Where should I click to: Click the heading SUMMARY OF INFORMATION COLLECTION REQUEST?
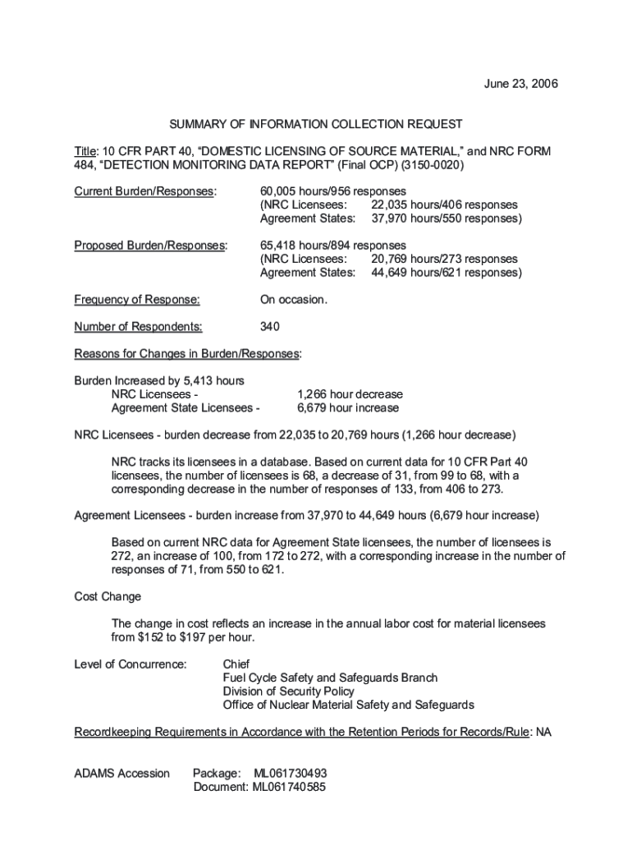point(316,124)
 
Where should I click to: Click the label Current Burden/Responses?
point(145,191)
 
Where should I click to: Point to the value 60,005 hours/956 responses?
point(332,191)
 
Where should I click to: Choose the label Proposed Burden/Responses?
point(149,245)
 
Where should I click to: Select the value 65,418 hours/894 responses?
point(332,245)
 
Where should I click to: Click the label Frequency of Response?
point(137,299)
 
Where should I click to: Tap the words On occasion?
point(293,299)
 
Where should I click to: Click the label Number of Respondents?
point(138,326)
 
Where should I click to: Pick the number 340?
point(269,326)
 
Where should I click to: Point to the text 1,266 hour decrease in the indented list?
point(350,393)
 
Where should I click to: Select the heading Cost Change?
point(108,596)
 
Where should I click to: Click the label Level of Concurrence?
point(131,664)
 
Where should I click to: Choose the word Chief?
point(236,664)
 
